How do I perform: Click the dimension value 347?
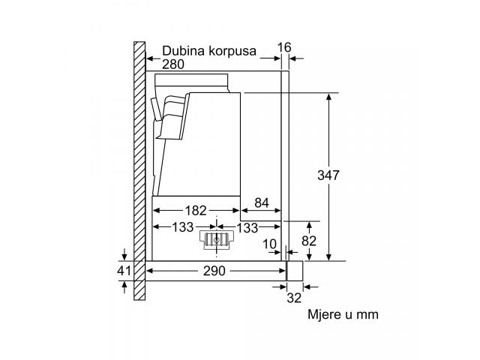pos(328,175)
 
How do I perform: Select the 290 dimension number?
pos(214,271)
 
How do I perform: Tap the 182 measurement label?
pos(196,210)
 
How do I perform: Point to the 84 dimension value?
pos(262,202)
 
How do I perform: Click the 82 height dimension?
pos(309,241)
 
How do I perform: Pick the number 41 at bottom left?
pos(124,271)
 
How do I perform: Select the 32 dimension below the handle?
pos(294,298)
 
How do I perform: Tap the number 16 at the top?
pos(284,47)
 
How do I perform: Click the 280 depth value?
pos(173,64)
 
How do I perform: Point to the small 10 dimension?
pos(270,244)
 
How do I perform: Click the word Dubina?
pos(183,50)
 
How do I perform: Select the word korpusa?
pos(232,51)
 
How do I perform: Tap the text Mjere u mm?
pos(343,314)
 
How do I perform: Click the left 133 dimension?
pos(183,227)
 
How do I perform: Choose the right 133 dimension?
pos(247,228)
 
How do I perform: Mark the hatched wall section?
pos(139,171)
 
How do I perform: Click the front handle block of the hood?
pos(295,271)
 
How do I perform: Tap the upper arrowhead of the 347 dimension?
pos(328,97)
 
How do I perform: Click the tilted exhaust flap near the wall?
pos(155,109)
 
